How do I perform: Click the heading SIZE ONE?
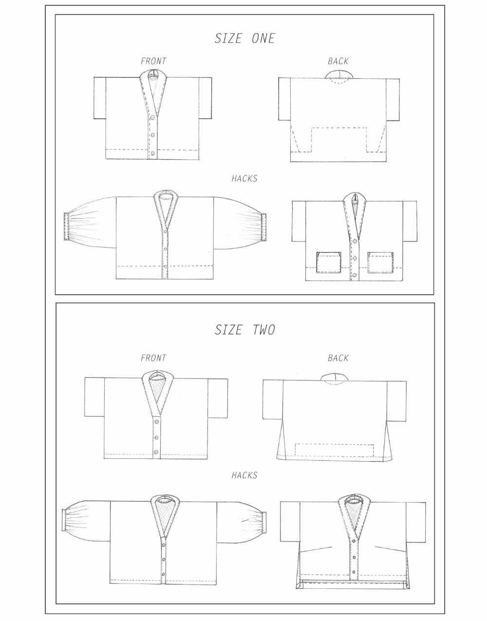pos(244,38)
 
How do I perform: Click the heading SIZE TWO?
pos(244,330)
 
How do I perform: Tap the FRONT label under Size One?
pos(153,61)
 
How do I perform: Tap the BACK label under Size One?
pos(338,61)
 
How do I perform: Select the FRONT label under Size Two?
pos(153,358)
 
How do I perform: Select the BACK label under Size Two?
pos(338,358)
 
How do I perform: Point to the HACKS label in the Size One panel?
pos(244,179)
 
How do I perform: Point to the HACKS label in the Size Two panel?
pos(244,475)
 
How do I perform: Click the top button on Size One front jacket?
pos(153,118)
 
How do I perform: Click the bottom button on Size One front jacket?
pos(153,153)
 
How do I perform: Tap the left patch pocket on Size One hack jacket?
pos(330,262)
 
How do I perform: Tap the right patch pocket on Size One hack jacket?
pos(381,262)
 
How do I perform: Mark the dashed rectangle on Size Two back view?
pos(335,451)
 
